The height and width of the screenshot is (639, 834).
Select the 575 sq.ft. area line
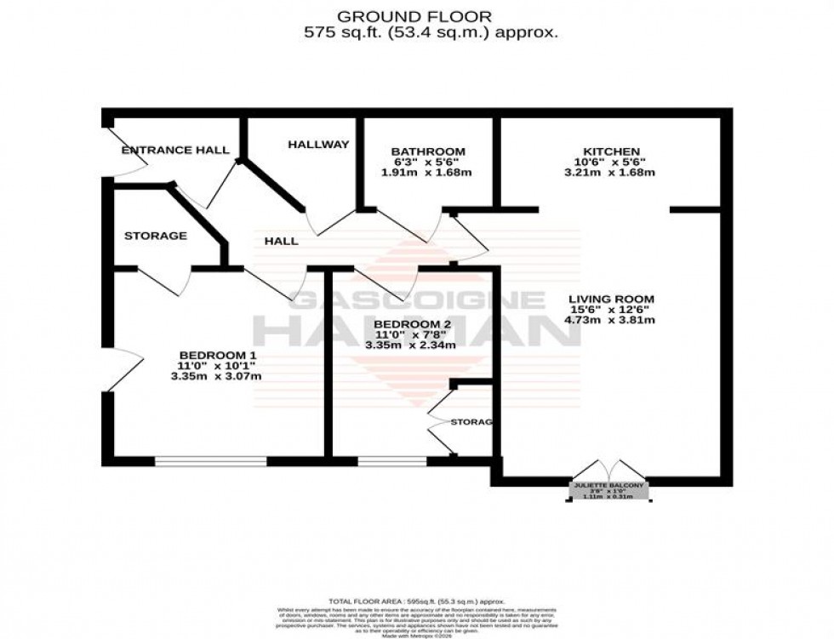[x=431, y=33]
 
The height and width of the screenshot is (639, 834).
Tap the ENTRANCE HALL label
[x=175, y=151]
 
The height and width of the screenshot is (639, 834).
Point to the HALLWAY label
[x=318, y=145]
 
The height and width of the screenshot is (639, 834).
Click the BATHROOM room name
[x=428, y=152]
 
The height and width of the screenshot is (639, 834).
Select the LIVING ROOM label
[x=611, y=299]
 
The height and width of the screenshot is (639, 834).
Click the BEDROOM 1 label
[x=217, y=355]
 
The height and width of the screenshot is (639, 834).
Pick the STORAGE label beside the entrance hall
[x=155, y=236]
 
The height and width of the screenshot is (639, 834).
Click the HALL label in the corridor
[x=281, y=241]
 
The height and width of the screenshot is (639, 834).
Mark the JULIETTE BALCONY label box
[x=609, y=491]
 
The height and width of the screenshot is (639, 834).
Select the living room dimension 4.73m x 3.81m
[x=611, y=320]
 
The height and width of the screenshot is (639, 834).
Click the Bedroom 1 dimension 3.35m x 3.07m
[x=216, y=376]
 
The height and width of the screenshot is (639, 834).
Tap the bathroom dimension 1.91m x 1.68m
[x=427, y=173]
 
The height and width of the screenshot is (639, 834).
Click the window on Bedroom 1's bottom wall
[x=210, y=461]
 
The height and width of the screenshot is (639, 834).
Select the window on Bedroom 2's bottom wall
[x=391, y=461]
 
